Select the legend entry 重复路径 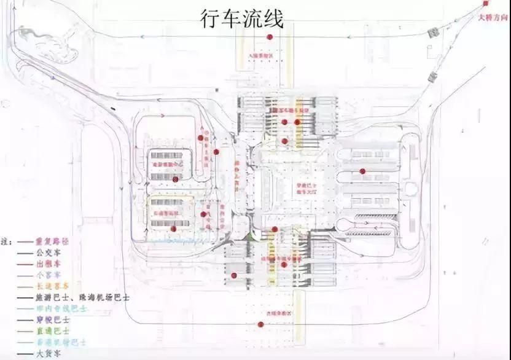pos(53,241)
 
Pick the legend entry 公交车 pos(49,252)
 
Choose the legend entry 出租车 pos(49,264)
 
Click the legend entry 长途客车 pos(53,286)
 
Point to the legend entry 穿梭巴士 pos(53,319)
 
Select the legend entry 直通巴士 pos(53,331)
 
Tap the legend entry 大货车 pos(49,353)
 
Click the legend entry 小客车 pos(49,275)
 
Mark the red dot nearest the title pos(269,37)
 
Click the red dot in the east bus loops pos(362,171)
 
